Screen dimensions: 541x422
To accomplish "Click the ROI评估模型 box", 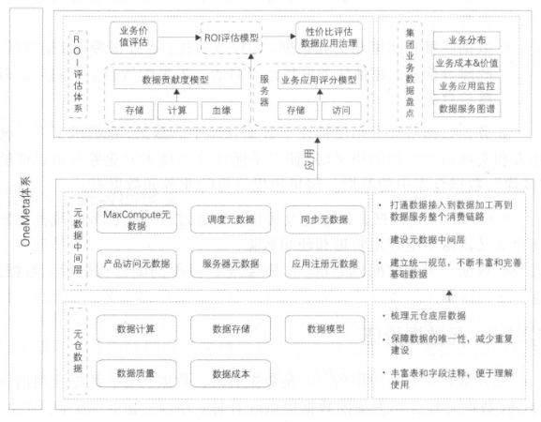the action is [232, 38].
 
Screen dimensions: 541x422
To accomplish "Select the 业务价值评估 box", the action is [133, 38].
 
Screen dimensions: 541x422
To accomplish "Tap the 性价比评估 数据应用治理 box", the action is [329, 38].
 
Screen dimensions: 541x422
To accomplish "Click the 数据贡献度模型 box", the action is [177, 80].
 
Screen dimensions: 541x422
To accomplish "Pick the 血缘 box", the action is [221, 111].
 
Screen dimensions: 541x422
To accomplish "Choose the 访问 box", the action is [341, 111].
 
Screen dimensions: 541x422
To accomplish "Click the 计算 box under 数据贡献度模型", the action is [177, 111].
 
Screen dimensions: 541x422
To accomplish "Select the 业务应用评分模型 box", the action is [319, 80].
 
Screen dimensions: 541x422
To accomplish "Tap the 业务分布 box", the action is [467, 40].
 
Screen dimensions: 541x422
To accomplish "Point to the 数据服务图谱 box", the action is [467, 109].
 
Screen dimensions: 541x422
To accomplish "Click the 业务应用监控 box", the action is [467, 86].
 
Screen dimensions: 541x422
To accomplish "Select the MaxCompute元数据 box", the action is [137, 219].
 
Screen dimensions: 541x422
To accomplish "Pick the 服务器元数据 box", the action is [231, 264].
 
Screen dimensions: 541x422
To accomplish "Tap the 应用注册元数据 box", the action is [324, 264].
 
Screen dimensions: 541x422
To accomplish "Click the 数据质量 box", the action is [136, 373].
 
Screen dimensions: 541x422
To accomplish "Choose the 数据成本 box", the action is [231, 373].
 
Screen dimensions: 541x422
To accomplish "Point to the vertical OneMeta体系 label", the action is [25, 211].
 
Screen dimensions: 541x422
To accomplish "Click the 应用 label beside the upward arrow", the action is [309, 159].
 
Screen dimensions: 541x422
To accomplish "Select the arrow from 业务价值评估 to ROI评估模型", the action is [179, 38].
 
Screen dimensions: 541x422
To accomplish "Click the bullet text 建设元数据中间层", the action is [428, 239].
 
